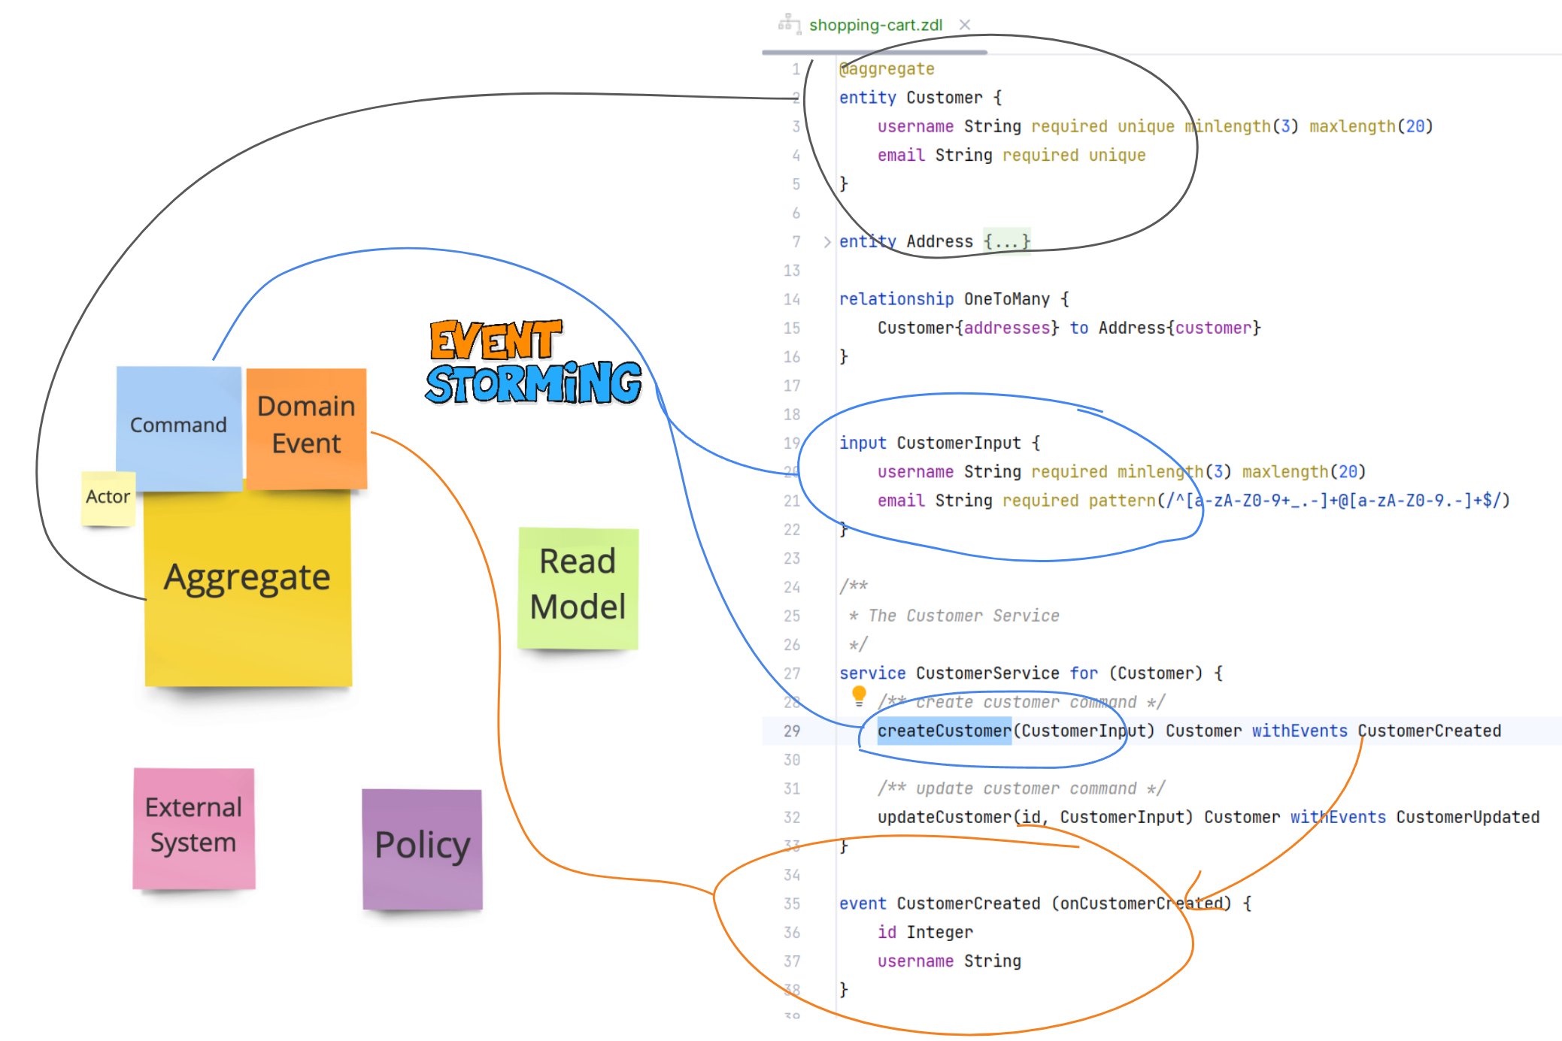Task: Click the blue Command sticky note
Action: coord(178,425)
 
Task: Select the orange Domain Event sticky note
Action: coord(306,425)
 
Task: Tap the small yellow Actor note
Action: coord(108,497)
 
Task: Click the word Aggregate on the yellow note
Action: coord(247,577)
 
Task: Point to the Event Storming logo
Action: coord(532,363)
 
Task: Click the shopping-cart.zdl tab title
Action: coord(875,25)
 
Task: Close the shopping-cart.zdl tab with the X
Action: coord(965,25)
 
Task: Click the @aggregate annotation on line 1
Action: coord(887,69)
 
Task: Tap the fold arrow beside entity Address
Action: coord(826,242)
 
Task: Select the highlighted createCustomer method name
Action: coord(944,731)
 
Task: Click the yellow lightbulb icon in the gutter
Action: coord(859,695)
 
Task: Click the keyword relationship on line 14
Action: coord(896,299)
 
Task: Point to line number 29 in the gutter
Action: coord(792,731)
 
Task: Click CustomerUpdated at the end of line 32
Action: coord(1467,817)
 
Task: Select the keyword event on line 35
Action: coord(863,903)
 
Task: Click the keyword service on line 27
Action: coord(872,673)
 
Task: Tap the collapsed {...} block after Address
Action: coord(1006,242)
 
